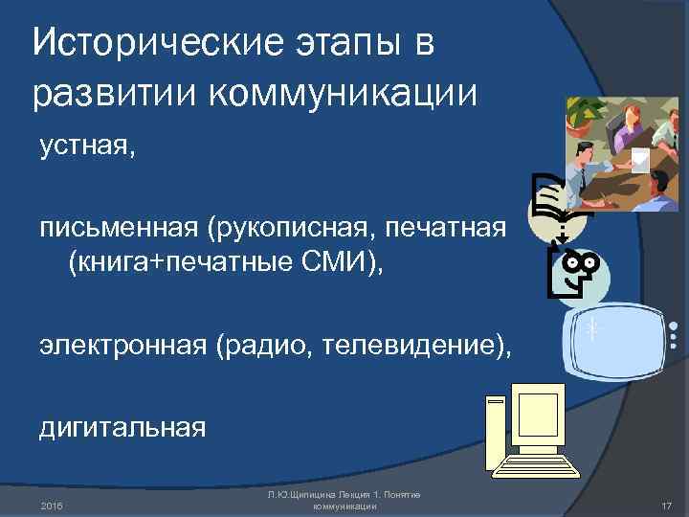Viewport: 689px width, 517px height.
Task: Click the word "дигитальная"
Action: [x=122, y=426]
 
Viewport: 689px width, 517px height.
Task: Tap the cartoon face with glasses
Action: [x=576, y=268]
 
